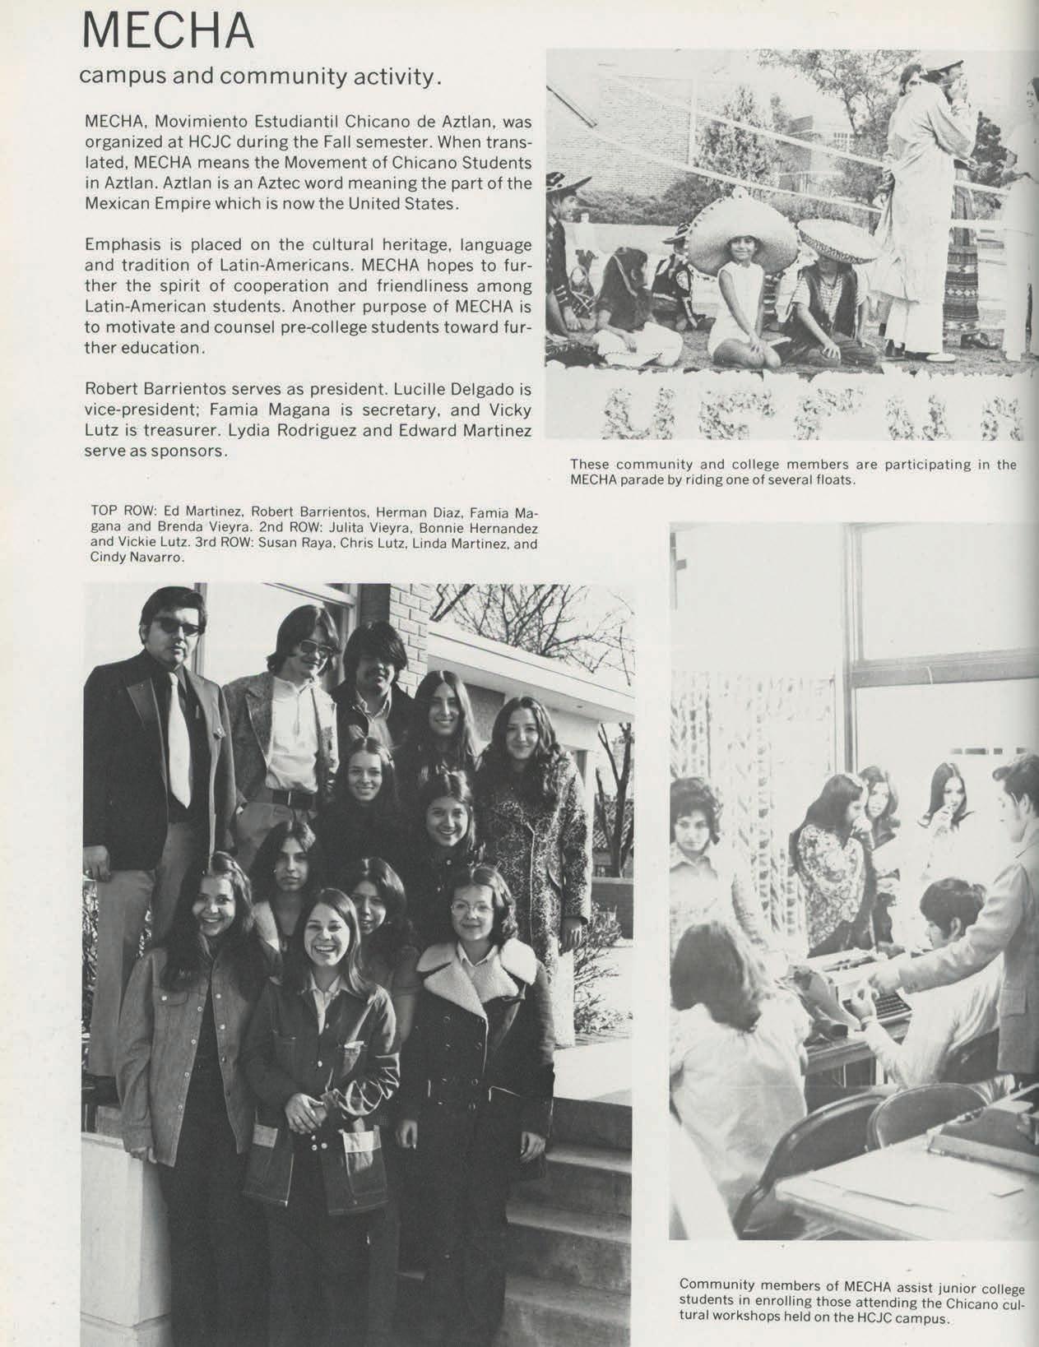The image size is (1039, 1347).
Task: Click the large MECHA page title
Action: click(x=168, y=30)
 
